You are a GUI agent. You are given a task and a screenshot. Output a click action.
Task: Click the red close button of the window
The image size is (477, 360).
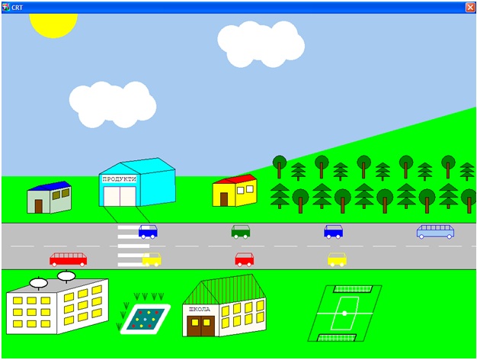[x=469, y=7]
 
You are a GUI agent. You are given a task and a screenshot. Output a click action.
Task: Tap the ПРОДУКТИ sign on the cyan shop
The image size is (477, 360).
[x=119, y=178]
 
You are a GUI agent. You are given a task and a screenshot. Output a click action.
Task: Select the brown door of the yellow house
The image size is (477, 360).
[x=223, y=199]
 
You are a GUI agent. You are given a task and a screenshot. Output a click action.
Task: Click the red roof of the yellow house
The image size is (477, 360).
[x=236, y=180]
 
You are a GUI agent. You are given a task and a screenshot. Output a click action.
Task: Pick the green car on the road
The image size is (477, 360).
[x=241, y=231]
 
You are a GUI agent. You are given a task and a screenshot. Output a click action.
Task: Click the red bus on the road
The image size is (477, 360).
[x=68, y=259]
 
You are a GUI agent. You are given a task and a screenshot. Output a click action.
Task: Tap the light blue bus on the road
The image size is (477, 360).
[x=435, y=231]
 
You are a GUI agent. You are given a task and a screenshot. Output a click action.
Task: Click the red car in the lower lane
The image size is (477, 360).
[x=244, y=259]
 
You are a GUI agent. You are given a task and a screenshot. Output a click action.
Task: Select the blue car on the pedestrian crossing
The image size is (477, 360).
[x=148, y=231]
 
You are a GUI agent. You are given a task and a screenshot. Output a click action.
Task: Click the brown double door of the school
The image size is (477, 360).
[x=200, y=326]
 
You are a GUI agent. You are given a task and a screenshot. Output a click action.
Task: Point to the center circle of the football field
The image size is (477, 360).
[x=344, y=313]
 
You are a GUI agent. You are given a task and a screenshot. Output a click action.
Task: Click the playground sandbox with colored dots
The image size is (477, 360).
[x=145, y=318]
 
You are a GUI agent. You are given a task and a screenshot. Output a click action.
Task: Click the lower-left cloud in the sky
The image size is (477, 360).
[x=112, y=104]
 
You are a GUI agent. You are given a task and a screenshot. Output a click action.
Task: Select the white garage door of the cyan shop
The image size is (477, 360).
[x=119, y=195]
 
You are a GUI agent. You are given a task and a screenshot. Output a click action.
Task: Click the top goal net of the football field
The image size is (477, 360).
[x=353, y=289]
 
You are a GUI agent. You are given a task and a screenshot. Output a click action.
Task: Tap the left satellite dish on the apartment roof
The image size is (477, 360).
[x=38, y=283]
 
